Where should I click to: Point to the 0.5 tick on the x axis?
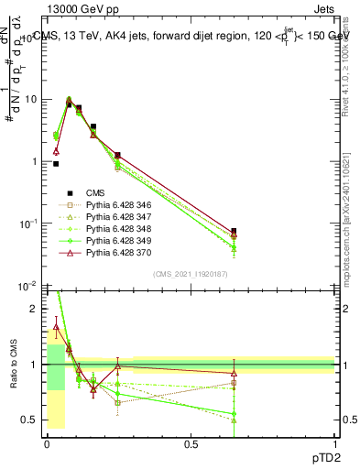pos(191,443)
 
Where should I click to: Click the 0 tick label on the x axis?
pos(47,443)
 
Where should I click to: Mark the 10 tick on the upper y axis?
pos(30,99)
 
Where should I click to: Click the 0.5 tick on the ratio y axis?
pos(31,420)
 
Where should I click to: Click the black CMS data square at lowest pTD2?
pos(56,164)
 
